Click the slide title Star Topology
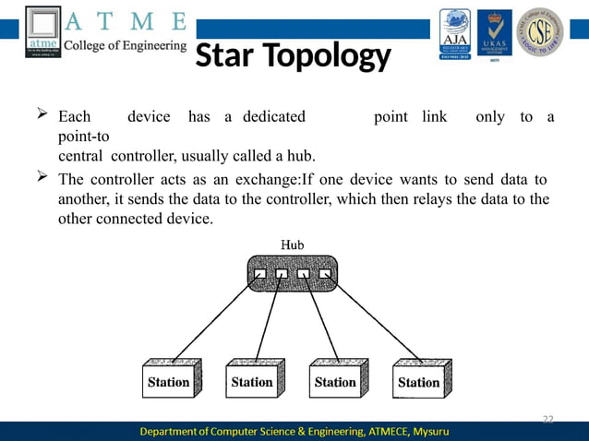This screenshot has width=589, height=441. click(x=294, y=57)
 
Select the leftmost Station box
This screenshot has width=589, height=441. click(x=169, y=380)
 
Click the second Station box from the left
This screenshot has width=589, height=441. click(x=252, y=380)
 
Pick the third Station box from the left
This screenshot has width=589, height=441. click(x=335, y=380)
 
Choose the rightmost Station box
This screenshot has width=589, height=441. click(x=418, y=380)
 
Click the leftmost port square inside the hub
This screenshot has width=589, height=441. click(x=261, y=274)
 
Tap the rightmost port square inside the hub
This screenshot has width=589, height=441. click(x=324, y=274)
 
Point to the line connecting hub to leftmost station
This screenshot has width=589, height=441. click(x=212, y=318)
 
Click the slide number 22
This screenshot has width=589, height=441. click(x=547, y=420)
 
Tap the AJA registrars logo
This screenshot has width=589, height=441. click(x=454, y=32)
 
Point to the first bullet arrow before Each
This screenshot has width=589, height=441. click(x=41, y=116)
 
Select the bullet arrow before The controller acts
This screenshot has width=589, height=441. click(x=41, y=177)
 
